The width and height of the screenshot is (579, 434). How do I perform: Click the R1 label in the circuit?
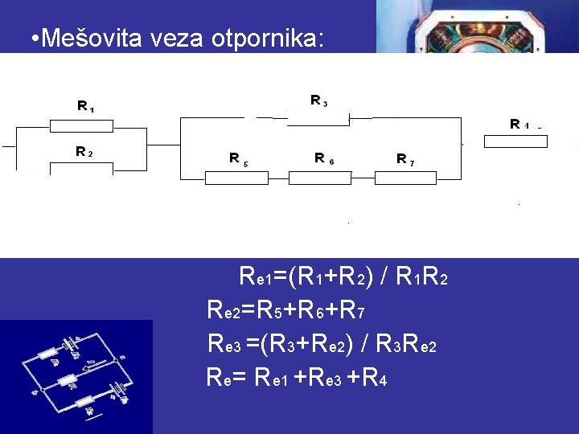point(84,105)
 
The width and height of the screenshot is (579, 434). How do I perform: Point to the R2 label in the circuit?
point(84,151)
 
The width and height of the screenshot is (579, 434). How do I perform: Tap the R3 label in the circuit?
point(318,100)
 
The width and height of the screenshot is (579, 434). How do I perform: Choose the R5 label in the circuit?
point(237,158)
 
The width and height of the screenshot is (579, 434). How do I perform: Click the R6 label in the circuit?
point(323,158)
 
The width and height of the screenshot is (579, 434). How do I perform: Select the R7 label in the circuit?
point(405,159)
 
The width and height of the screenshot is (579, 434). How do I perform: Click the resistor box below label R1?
point(82,125)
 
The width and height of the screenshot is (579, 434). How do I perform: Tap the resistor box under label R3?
point(318,118)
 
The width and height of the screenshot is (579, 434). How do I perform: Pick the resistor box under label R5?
point(236,178)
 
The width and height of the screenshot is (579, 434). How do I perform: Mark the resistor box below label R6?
point(320,178)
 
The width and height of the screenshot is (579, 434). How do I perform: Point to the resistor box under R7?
point(404,178)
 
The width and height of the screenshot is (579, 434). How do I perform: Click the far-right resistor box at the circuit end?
point(515,141)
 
